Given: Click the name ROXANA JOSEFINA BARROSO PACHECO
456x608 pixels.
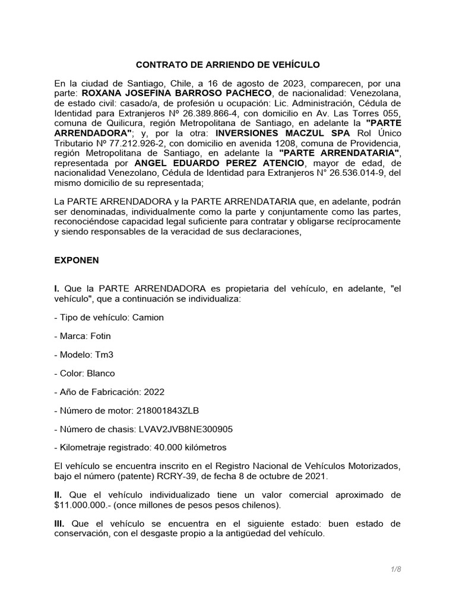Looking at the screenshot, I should click(x=177, y=93).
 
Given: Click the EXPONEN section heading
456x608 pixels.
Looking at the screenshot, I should click(x=77, y=260).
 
